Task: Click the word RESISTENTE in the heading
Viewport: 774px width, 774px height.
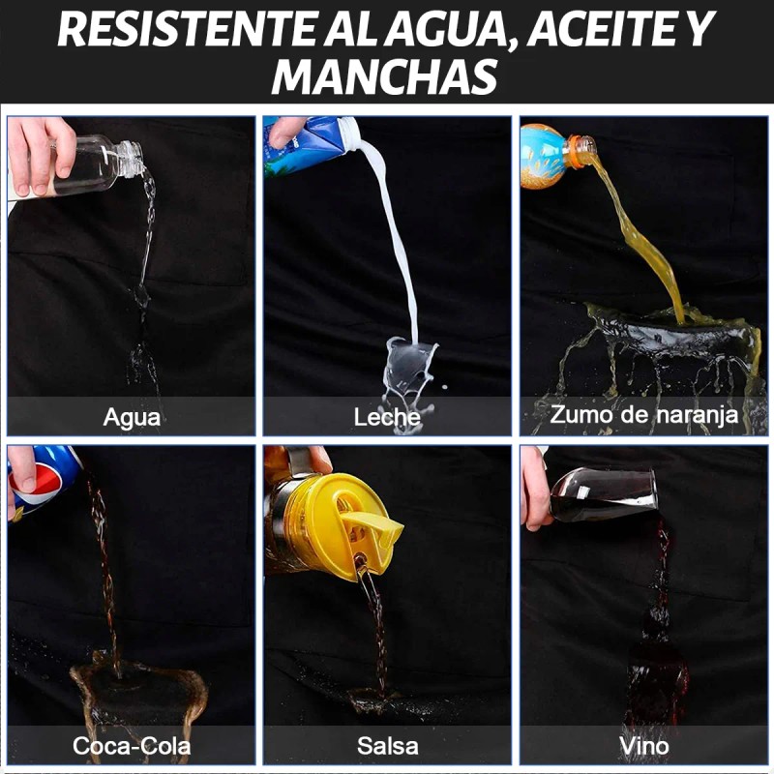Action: (187, 30)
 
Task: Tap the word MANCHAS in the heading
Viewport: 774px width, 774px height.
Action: (384, 76)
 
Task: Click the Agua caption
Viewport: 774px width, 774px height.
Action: (132, 418)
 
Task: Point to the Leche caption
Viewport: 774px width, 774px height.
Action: (387, 418)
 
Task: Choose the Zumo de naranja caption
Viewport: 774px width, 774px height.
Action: (643, 415)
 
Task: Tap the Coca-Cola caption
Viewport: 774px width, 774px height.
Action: (132, 745)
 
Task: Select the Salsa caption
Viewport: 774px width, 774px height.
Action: (388, 746)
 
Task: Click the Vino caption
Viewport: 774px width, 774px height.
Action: (644, 746)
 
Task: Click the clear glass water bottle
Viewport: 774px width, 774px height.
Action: (94, 165)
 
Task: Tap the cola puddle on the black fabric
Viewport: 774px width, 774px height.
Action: (139, 691)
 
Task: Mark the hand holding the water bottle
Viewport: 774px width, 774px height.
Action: (41, 154)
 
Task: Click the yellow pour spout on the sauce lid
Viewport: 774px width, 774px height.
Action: (372, 524)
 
